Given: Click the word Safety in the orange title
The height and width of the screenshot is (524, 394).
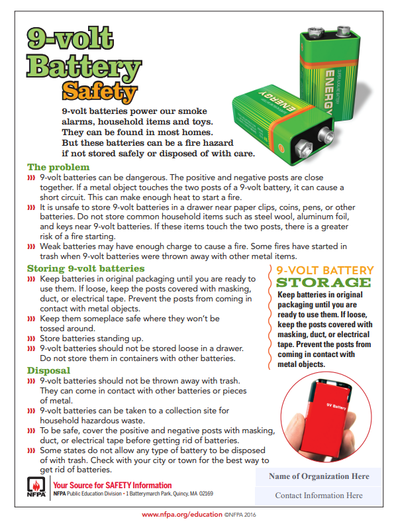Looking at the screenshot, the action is click(99, 92).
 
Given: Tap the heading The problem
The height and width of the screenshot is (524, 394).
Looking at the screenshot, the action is click(58, 167).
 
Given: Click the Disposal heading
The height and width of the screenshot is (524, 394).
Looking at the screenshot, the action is click(49, 370).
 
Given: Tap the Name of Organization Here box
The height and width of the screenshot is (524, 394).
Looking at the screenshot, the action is click(319, 476).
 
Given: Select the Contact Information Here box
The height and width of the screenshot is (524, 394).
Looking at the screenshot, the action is click(319, 495).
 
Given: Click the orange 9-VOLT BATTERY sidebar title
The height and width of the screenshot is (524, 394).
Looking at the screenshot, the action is click(324, 270).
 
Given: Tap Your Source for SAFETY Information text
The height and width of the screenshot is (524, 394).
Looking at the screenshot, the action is click(112, 485).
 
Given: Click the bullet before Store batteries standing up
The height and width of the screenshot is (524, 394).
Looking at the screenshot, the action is click(30, 339).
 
